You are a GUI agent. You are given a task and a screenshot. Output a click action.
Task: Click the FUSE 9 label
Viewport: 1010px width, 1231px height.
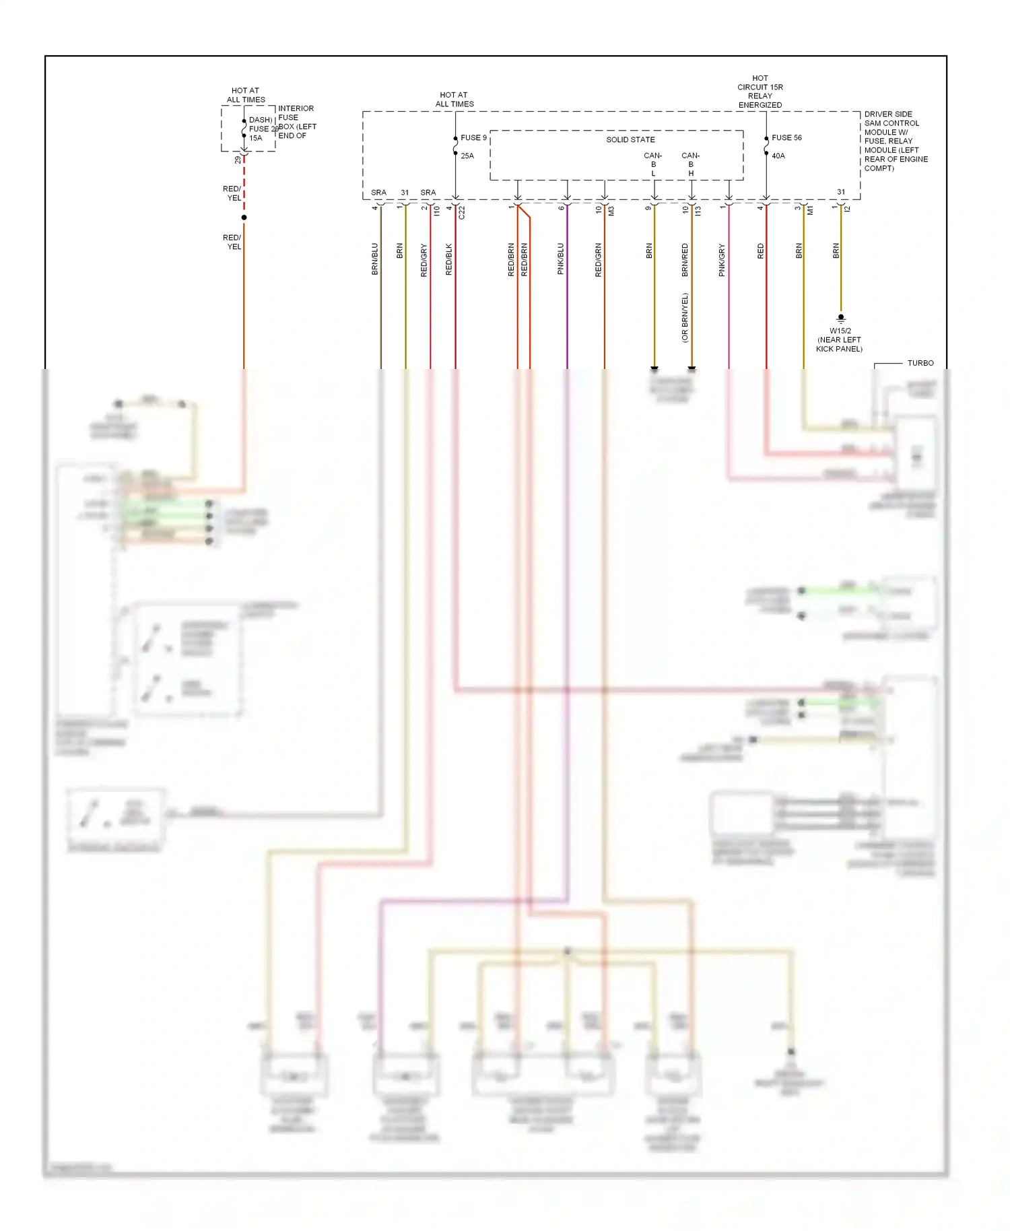tap(473, 137)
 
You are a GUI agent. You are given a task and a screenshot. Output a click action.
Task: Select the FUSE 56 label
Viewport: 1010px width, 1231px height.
tap(786, 137)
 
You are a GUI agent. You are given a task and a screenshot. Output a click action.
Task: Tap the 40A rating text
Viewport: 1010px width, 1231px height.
tap(778, 156)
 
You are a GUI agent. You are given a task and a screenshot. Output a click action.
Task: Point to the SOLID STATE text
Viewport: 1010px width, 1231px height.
tap(630, 139)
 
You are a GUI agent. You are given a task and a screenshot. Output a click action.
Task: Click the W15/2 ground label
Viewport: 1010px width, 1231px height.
tap(840, 331)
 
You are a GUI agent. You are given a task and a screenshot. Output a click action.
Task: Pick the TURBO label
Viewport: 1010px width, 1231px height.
tap(920, 363)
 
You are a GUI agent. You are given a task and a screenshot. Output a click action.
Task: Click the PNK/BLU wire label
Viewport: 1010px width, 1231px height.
tap(560, 259)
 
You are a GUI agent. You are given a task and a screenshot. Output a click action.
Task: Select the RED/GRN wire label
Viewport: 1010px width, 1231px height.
tap(598, 260)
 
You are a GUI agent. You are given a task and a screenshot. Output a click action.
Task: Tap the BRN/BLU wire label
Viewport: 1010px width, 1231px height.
tap(375, 259)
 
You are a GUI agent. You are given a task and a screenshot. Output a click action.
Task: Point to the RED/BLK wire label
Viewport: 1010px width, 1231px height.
tap(449, 259)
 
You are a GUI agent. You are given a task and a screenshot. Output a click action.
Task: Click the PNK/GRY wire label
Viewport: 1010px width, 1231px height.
tap(722, 260)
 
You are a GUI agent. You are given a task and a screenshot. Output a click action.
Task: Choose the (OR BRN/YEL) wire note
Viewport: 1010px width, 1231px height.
tap(685, 317)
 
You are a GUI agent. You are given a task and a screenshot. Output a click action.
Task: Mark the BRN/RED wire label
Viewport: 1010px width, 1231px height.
tap(685, 260)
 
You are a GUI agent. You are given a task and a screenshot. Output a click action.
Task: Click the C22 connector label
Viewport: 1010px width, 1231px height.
tap(462, 212)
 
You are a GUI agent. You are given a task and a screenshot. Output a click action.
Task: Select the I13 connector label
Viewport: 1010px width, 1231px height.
tap(698, 211)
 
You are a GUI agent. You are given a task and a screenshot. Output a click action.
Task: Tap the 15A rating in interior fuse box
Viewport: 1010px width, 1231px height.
tap(256, 138)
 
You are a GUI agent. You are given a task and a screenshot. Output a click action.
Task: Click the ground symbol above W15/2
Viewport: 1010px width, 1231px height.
tap(840, 319)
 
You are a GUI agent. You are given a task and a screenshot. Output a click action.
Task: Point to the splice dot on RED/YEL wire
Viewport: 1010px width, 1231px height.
tap(244, 218)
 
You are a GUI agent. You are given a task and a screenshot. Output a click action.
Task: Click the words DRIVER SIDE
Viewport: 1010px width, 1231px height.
tap(888, 114)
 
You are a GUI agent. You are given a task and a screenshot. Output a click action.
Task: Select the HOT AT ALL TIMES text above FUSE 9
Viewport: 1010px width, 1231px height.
tap(454, 100)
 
